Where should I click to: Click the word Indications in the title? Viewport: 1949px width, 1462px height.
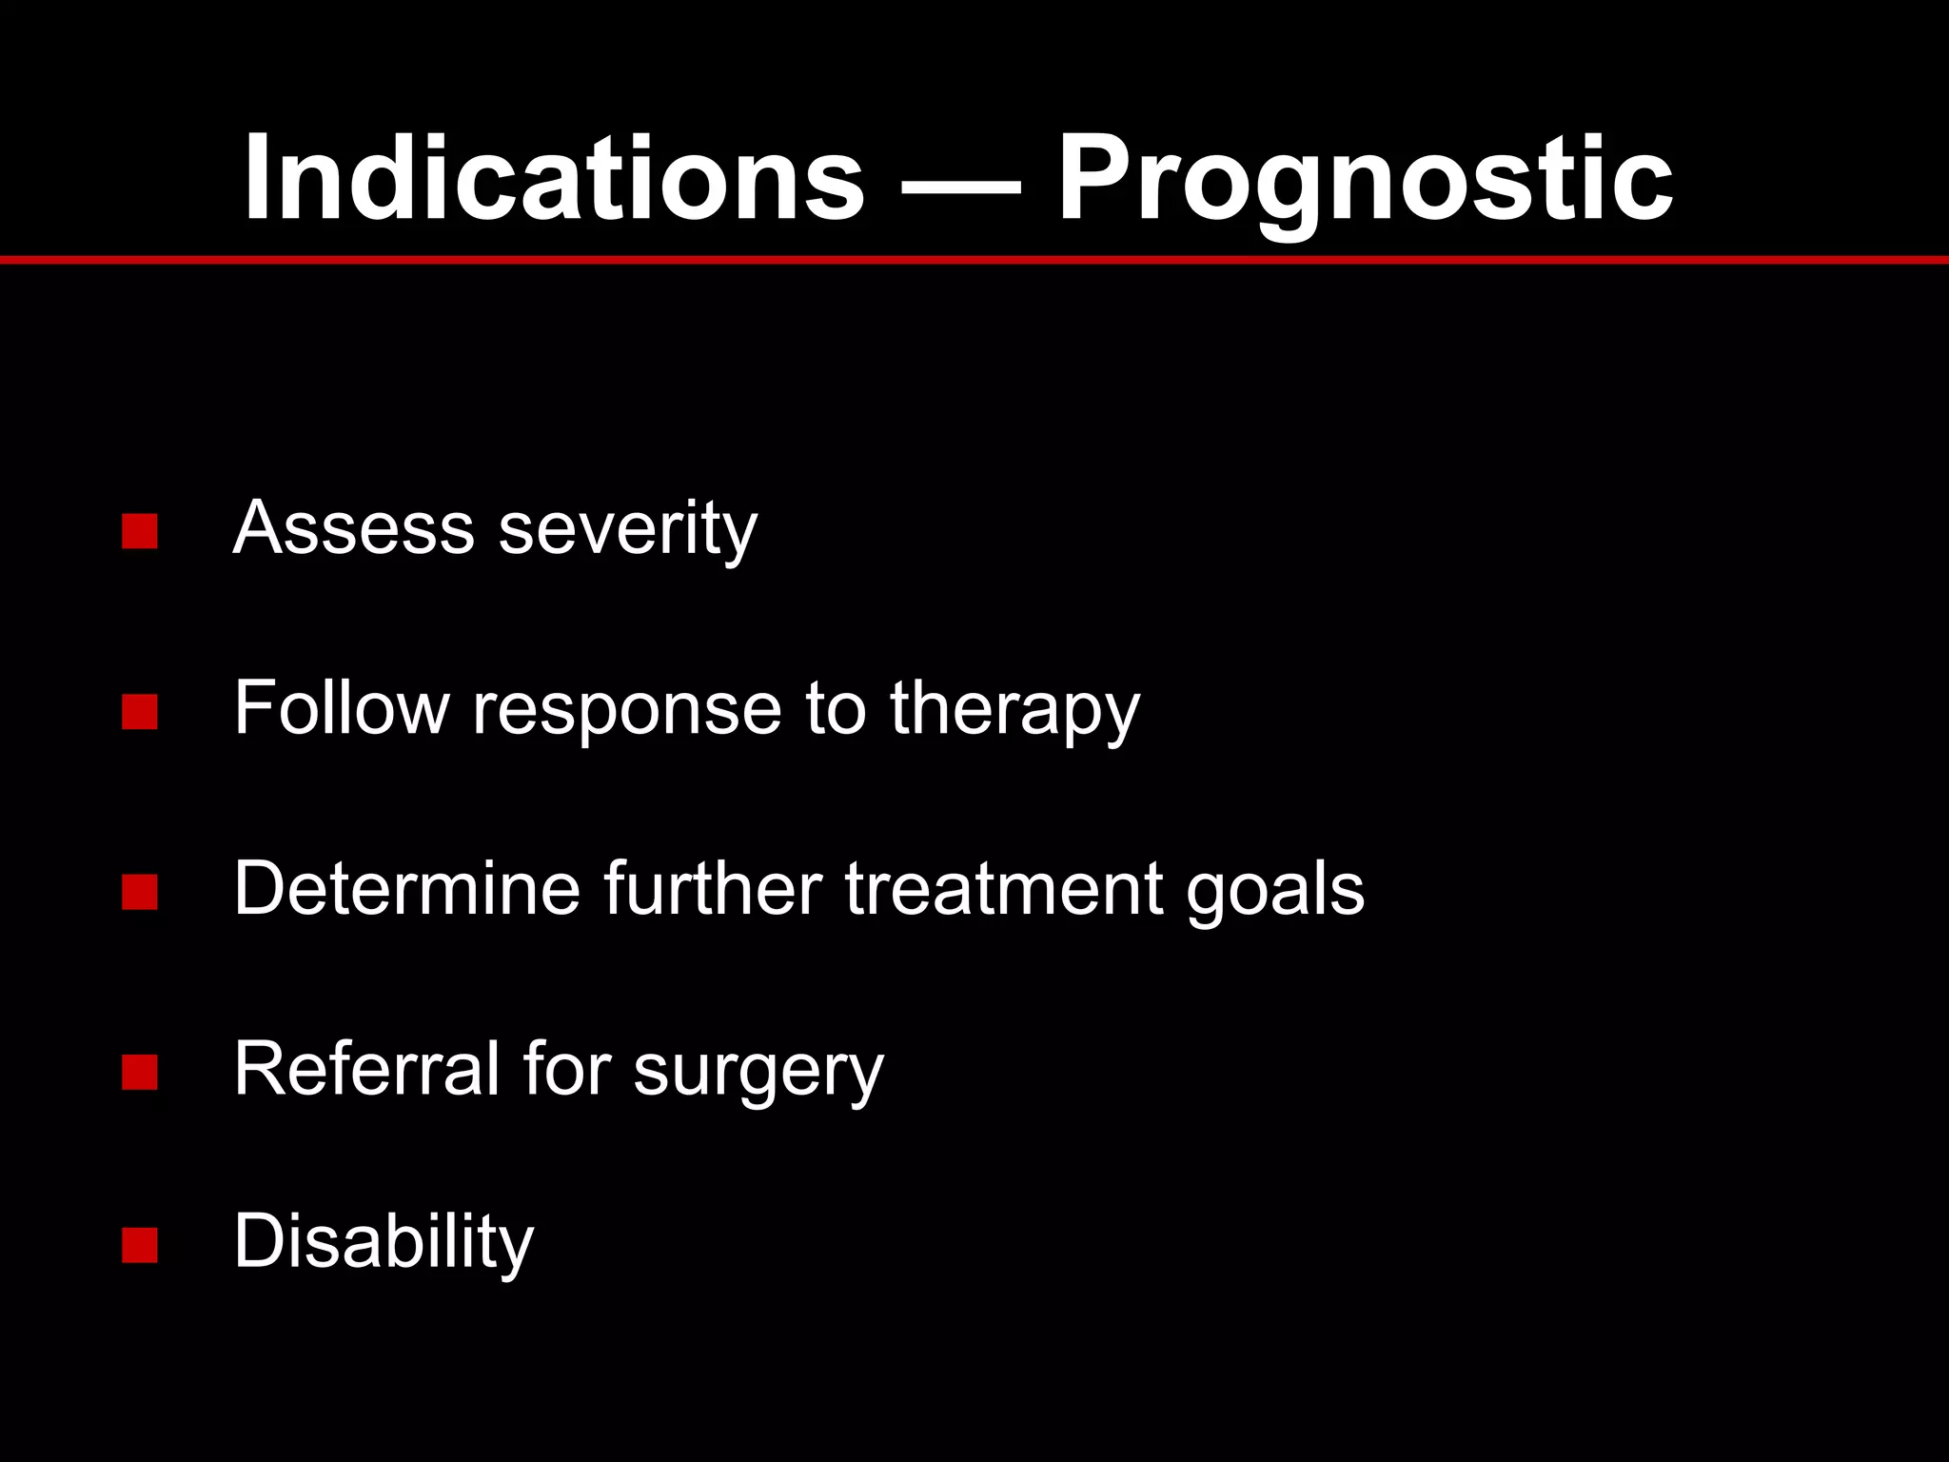[553, 179]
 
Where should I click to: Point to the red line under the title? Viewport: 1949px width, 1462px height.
[974, 260]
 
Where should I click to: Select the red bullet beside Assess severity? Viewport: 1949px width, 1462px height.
[140, 531]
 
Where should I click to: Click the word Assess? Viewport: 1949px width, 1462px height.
[353, 527]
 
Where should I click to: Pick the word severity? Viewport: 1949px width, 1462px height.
[628, 529]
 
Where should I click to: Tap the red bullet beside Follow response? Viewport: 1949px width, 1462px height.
[140, 711]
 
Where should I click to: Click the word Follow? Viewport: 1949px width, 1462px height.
[341, 708]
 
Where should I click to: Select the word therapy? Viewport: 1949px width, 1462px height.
[1014, 710]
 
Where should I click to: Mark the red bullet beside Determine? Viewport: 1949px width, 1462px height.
[140, 892]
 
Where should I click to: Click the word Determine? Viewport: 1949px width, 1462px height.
[407, 888]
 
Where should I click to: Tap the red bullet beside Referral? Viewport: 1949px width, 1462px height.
[140, 1072]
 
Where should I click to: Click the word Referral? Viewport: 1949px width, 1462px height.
[366, 1069]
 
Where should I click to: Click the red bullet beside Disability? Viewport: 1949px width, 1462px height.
[140, 1244]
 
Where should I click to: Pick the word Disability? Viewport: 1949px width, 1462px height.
[384, 1241]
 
